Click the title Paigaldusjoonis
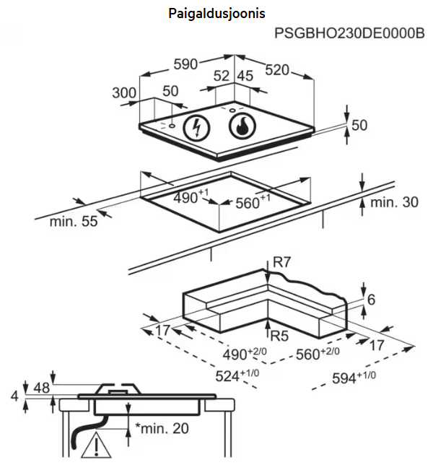(x=216, y=14)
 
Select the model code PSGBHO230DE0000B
(x=349, y=33)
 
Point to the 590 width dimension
(x=186, y=65)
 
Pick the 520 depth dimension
(x=276, y=69)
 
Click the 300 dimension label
(x=124, y=92)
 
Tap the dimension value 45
(x=245, y=77)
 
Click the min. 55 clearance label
(x=73, y=221)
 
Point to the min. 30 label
(x=394, y=202)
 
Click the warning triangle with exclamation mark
(x=92, y=446)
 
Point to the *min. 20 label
(x=162, y=428)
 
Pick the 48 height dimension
(x=42, y=388)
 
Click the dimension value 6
(x=371, y=300)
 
